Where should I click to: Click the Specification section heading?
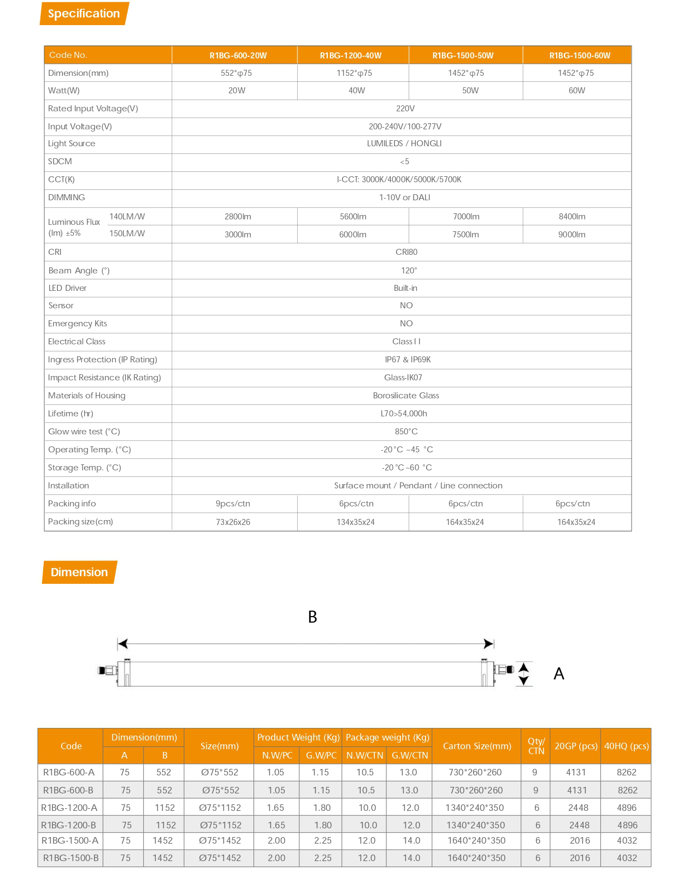click(x=84, y=14)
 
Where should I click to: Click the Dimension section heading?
click(x=79, y=572)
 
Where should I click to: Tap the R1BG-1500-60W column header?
click(x=580, y=56)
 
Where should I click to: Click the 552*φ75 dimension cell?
click(x=236, y=73)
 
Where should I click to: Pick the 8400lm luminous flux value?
click(x=572, y=217)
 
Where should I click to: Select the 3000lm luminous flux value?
click(x=238, y=235)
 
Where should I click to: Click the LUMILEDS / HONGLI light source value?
click(x=404, y=144)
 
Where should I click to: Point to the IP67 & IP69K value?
click(x=408, y=360)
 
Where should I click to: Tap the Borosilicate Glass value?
click(x=406, y=396)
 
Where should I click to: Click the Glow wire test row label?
click(x=84, y=432)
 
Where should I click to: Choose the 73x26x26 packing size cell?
click(x=233, y=522)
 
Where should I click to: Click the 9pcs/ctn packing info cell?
click(x=233, y=504)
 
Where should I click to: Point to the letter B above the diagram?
click(x=313, y=617)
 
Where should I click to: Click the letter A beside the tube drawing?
click(x=558, y=674)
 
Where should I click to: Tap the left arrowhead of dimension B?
click(x=123, y=644)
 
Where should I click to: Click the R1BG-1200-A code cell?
click(x=69, y=808)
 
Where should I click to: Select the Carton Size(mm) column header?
click(x=477, y=746)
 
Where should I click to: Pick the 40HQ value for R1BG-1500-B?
click(x=627, y=858)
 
